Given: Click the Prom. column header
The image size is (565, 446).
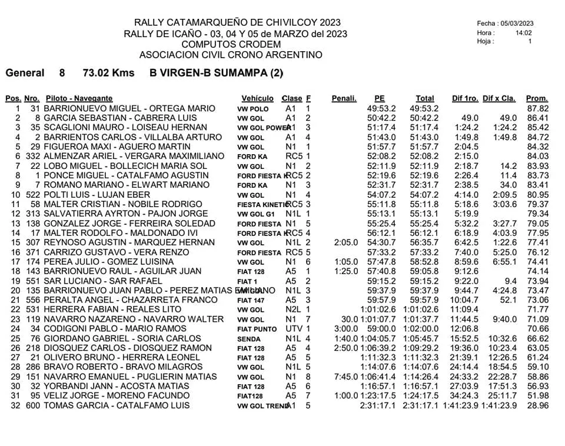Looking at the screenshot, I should tap(537, 98).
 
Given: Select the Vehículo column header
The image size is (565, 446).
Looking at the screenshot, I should tap(257, 98).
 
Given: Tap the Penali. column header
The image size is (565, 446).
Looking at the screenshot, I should tap(344, 98).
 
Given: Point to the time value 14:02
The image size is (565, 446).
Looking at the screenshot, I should tap(523, 33).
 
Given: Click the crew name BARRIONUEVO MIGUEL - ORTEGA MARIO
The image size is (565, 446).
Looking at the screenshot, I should tap(125, 109).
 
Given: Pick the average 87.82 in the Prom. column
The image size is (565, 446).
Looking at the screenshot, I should tap(537, 109).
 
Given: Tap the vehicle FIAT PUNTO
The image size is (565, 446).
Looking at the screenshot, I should tap(257, 329).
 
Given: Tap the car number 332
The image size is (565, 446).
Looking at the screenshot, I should tap(32, 157).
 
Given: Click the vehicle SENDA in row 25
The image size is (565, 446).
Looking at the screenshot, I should tap(248, 338).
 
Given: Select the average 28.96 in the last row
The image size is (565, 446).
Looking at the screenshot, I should tap(537, 405).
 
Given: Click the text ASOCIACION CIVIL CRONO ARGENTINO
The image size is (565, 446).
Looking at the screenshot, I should tap(231, 55).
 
